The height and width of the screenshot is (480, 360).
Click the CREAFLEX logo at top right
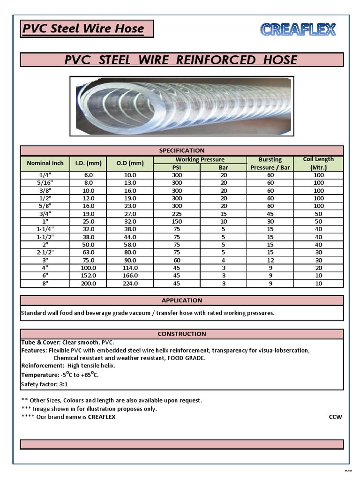pos(298,30)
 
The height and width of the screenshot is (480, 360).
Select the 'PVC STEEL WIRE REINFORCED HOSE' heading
pos(181,60)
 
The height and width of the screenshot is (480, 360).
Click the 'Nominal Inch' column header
pos(45,163)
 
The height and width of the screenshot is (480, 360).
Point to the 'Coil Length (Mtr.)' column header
pos(318,163)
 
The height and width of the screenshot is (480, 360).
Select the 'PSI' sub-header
pos(177,167)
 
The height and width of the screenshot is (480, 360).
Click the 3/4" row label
pos(45,214)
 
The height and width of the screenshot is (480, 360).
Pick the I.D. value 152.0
pos(89,276)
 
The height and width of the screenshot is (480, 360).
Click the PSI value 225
pos(177,214)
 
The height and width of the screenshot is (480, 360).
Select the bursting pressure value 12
pos(270,260)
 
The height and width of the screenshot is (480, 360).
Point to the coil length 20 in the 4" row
pos(318,268)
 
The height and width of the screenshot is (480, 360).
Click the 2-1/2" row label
pos(45,252)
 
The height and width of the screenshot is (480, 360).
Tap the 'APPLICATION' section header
pos(181,300)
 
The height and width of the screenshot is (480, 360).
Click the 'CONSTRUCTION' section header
pos(181,334)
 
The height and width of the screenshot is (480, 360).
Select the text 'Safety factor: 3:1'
pos(45,384)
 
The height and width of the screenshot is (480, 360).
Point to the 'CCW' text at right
pos(335,417)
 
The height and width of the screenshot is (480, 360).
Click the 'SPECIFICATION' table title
pos(181,150)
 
